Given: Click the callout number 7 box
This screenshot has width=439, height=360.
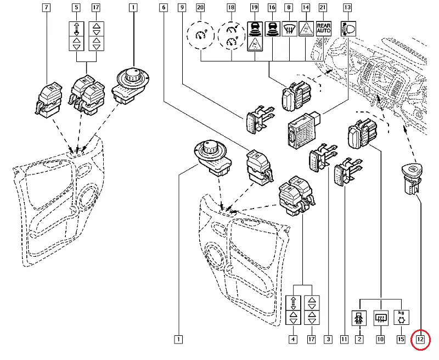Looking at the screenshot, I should pos(46,8).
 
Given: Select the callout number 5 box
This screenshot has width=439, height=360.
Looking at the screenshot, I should pos(76,8).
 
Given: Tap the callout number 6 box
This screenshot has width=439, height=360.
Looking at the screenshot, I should pos(162,8).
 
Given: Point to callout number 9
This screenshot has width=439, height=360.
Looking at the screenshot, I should pos(182,8).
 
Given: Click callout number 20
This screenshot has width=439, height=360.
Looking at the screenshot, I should pos(200,8).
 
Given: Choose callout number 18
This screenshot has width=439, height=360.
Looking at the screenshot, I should pos(231,8).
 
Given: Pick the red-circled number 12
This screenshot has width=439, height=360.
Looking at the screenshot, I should pos(420,340).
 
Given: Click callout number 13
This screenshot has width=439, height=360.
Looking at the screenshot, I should pos(347,8).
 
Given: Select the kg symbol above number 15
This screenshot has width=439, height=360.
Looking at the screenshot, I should pos(402,318).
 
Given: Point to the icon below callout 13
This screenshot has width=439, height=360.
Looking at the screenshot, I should pos(347,28).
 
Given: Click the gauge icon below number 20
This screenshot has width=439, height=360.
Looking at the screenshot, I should pos(200,36).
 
